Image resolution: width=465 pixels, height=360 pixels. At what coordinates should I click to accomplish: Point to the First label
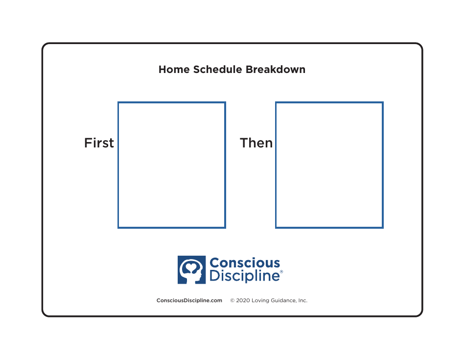[x=99, y=143]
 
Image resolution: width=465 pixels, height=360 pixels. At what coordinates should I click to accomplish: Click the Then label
[x=256, y=143]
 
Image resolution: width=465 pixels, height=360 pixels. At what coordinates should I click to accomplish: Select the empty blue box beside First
[x=172, y=165]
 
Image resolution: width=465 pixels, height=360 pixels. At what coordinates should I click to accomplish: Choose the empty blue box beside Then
[x=329, y=165]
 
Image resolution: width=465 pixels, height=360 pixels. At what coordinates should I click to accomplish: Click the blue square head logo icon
[x=191, y=270]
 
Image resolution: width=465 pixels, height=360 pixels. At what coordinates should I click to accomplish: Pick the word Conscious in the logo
[x=245, y=264]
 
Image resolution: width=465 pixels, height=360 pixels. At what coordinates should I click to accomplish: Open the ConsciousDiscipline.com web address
[x=189, y=300]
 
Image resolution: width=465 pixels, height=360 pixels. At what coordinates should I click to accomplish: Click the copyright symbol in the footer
[x=232, y=300]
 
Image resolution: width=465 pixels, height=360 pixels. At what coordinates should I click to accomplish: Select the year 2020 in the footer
[x=243, y=300]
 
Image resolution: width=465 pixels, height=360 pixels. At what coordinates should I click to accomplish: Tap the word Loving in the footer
[x=260, y=300]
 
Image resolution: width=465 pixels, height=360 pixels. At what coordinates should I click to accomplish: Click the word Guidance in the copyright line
[x=283, y=300]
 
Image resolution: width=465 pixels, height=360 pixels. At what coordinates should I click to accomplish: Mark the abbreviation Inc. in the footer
[x=302, y=300]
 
